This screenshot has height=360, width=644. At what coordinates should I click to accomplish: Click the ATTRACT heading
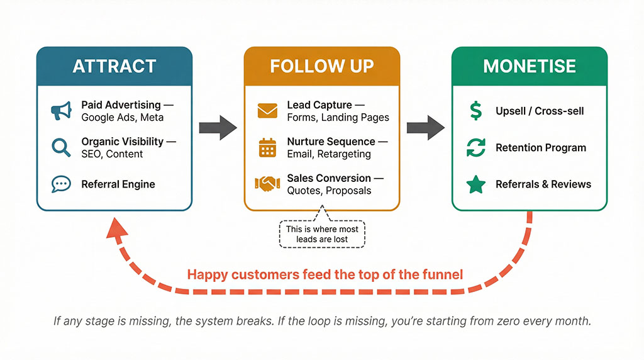click(114, 66)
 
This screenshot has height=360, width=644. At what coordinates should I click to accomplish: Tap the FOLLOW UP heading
click(321, 66)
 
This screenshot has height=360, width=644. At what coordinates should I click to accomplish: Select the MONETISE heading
click(529, 66)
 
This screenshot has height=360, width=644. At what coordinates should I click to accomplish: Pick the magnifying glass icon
click(61, 147)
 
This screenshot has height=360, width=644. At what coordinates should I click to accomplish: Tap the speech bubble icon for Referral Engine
click(61, 184)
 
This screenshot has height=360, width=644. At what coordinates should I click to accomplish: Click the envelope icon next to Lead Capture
click(267, 111)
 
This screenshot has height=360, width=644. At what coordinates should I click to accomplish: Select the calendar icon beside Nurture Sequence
click(267, 147)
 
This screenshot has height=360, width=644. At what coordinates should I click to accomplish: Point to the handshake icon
click(267, 184)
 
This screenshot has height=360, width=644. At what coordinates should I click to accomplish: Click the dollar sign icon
click(476, 111)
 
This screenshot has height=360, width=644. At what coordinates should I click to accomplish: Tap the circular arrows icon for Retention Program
click(476, 148)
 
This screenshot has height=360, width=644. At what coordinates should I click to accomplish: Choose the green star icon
click(476, 184)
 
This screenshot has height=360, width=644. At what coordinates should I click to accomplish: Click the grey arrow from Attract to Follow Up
click(218, 128)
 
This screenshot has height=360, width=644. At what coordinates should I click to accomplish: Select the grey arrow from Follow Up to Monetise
click(425, 128)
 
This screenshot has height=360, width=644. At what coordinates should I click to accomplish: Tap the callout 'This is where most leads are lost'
click(322, 234)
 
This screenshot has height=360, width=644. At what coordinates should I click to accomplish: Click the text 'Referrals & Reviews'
click(543, 184)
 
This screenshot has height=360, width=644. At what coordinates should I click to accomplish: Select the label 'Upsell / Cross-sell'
click(540, 111)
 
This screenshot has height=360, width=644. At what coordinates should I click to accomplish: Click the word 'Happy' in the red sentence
click(208, 274)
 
